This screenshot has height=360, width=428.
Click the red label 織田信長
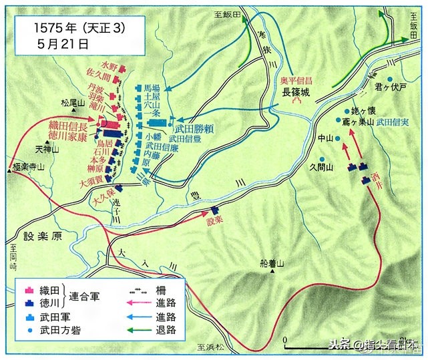pyautogui.click(x=68, y=125)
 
